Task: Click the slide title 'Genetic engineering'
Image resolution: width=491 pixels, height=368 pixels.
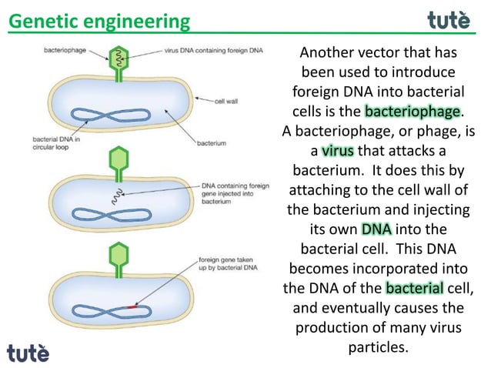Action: coord(99,21)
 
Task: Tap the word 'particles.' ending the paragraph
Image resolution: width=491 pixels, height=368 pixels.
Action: coord(377,349)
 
